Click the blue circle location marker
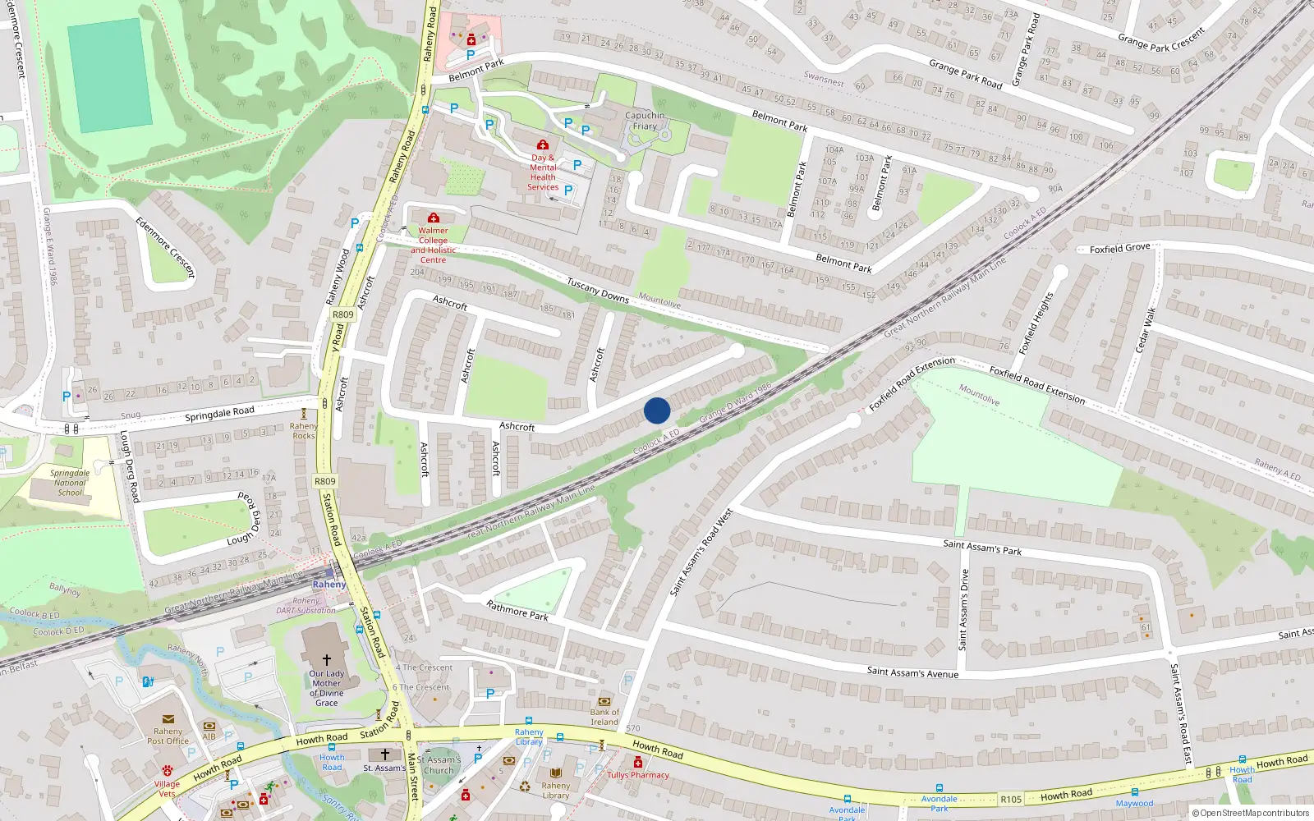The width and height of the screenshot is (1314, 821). tap(657, 410)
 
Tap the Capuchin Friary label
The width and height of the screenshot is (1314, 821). tap(645, 121)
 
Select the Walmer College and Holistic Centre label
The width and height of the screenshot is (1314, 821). tap(433, 245)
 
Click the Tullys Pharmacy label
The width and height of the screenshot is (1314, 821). tap(638, 775)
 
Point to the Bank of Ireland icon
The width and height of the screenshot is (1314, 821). tap(604, 701)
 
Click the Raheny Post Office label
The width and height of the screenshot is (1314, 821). tap(168, 736)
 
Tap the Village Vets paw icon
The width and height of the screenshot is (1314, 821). tap(168, 771)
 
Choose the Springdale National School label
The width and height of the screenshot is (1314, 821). tap(70, 483)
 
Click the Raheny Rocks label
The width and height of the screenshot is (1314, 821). tap(303, 431)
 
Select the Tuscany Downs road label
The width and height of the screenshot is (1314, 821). tap(598, 291)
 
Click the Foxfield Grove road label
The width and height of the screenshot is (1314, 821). tap(1119, 248)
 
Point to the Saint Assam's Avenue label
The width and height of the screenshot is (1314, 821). tap(912, 672)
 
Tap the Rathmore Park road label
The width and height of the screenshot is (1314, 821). tap(517, 610)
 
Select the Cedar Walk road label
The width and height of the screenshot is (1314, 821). tap(1146, 330)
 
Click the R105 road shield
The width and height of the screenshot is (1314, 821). tap(1011, 799)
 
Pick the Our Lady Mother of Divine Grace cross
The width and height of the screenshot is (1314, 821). tap(326, 659)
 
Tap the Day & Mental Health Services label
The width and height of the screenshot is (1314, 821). tap(543, 172)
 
